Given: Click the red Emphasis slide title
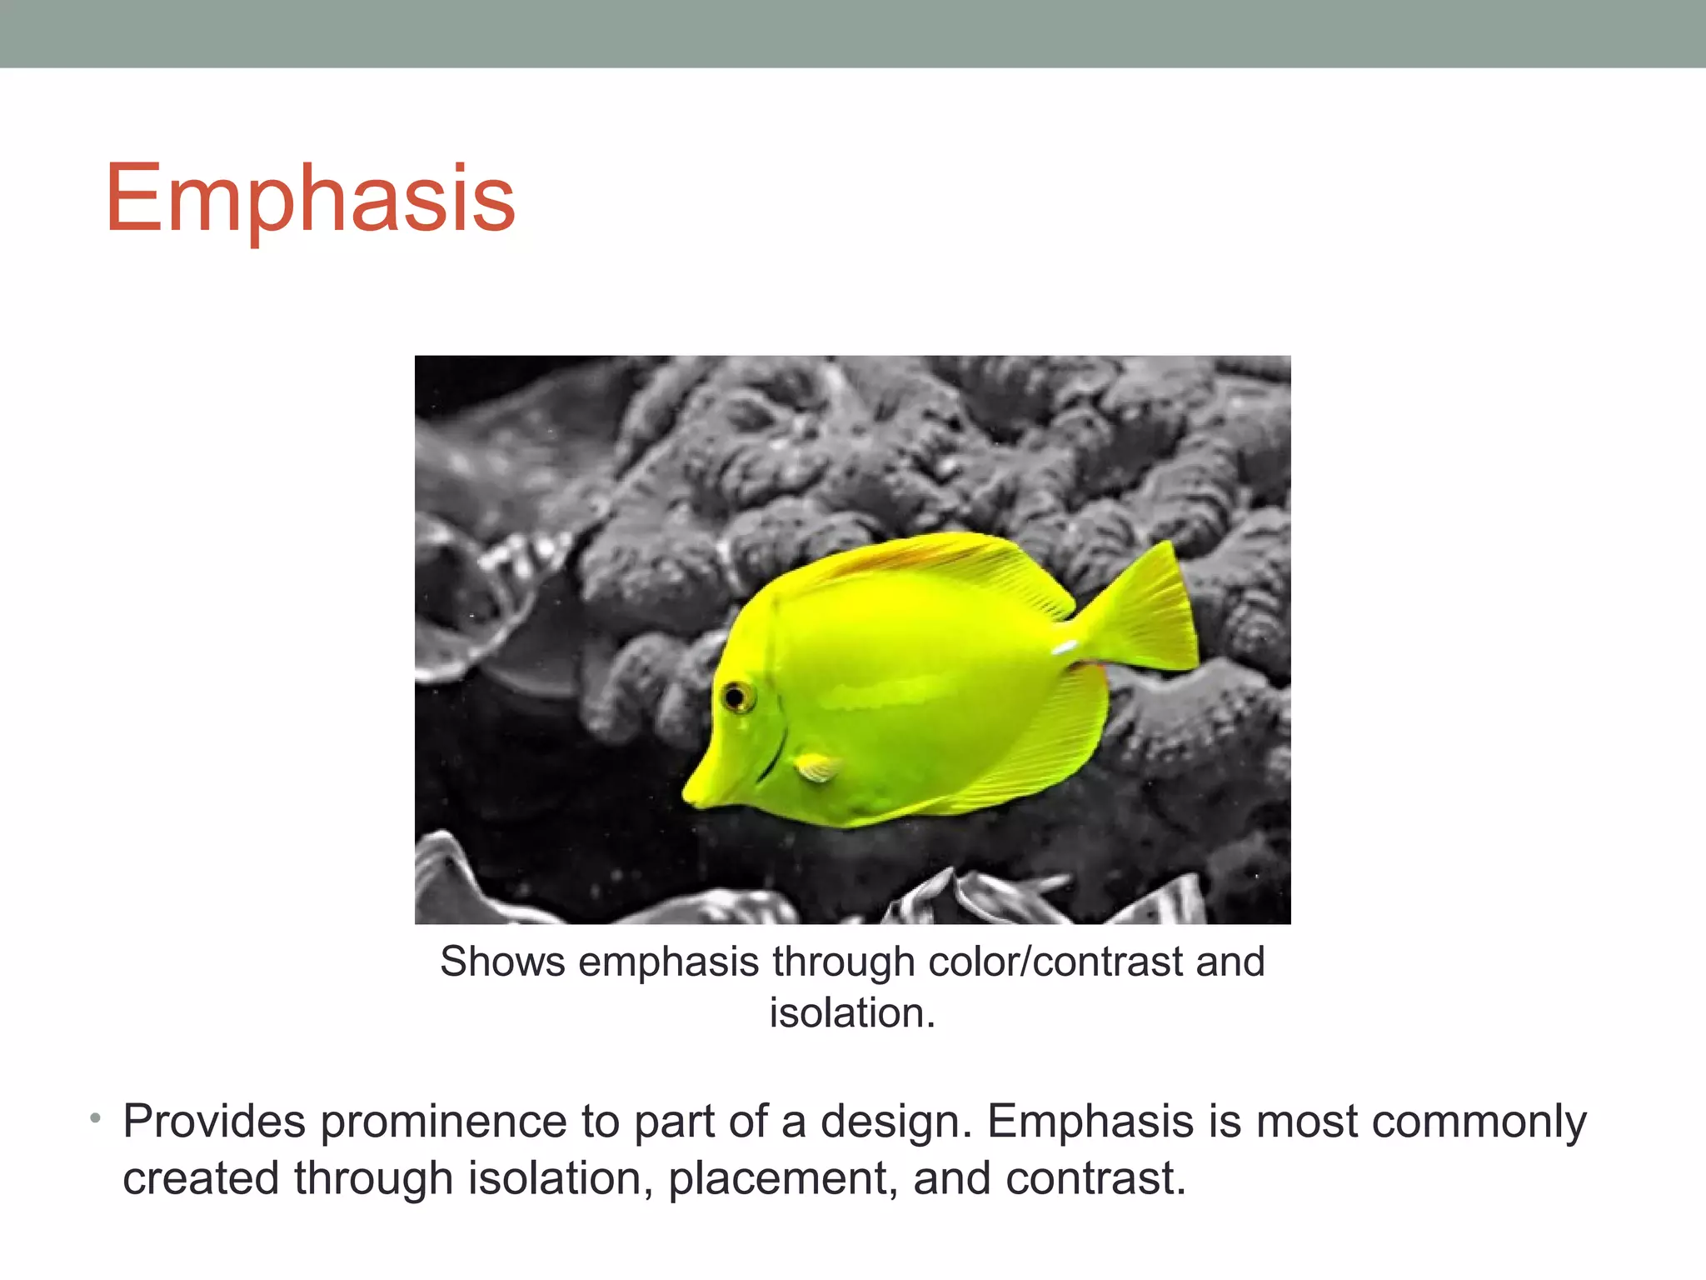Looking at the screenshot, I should pos(310,198).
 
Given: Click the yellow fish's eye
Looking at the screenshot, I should pos(736,696).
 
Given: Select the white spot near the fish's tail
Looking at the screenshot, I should pos(1064,647).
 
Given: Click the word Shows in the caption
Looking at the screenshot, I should pos(502,962).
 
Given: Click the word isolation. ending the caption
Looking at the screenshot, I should pos(851,1013).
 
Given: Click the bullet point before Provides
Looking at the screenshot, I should pos(96,1117).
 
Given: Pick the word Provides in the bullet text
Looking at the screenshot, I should pos(214,1122).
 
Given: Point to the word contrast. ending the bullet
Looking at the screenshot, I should pos(1095,1178).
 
